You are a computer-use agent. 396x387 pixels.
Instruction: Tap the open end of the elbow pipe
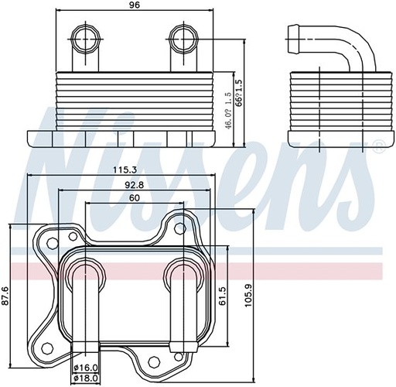tap(292, 34)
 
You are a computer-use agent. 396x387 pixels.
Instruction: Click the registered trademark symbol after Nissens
tap(377, 145)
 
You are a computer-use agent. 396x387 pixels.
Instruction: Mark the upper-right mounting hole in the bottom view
tap(179, 228)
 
